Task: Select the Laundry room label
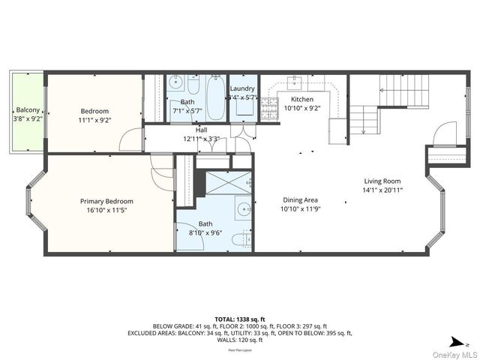pos(242,88)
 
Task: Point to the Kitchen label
pos(302,99)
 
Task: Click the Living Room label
pos(382,181)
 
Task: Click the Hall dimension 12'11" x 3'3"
pos(201,139)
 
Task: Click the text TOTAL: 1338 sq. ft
pos(240,318)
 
